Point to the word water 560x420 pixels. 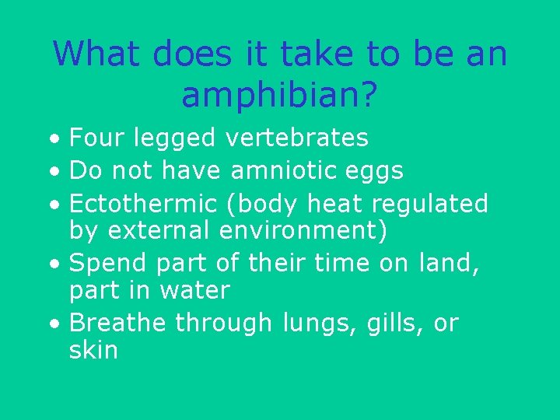pyautogui.click(x=194, y=291)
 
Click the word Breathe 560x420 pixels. pyautogui.click(x=117, y=322)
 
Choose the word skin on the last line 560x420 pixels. pyautogui.click(x=93, y=350)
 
